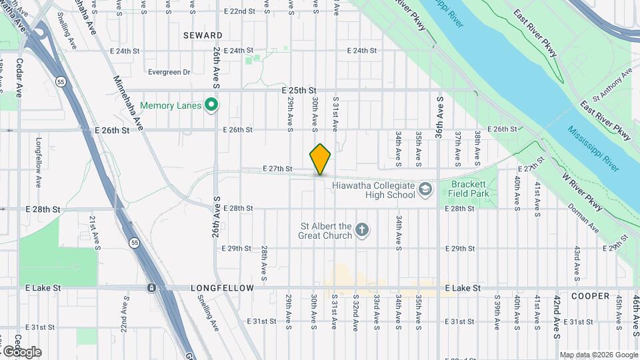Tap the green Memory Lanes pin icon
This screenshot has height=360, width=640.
pos(212,105)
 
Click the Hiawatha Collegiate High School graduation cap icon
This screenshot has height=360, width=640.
pos(425,191)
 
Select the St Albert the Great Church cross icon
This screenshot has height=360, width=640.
pos(361,231)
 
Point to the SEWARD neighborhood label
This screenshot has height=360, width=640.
pos(204,35)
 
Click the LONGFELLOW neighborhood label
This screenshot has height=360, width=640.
pos(222,288)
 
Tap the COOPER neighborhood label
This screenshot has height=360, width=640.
pos(590,295)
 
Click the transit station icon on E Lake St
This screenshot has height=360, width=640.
pos(152,288)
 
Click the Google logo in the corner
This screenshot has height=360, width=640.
pos(22,351)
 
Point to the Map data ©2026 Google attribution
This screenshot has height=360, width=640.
pos(598,355)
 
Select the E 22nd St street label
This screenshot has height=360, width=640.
pos(239,11)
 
